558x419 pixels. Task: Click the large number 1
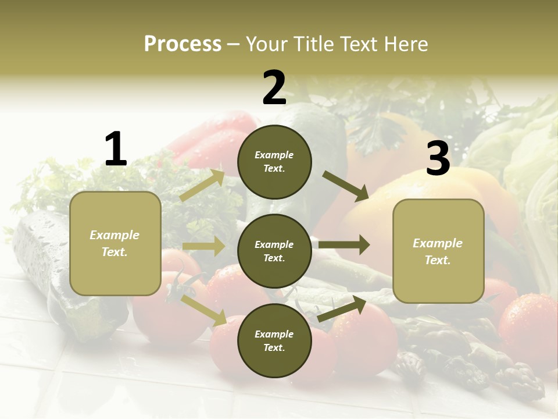pos(116,149)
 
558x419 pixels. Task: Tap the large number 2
pos(274,88)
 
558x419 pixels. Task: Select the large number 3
pos(438,159)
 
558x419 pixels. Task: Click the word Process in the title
pos(183,44)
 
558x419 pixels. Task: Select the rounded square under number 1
pos(115,243)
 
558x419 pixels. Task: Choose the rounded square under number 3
pos(438,251)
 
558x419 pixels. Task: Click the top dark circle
pos(274,162)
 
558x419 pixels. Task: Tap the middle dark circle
pos(274,251)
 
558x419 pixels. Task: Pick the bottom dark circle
pos(274,340)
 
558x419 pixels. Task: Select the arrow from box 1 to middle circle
pos(203,247)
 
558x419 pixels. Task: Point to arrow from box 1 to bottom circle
pos(204,310)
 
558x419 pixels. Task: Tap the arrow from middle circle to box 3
pos(344,244)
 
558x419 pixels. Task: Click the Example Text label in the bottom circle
pos(274,340)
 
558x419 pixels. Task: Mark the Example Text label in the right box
pos(438,251)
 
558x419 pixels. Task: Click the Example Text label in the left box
pos(115,243)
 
